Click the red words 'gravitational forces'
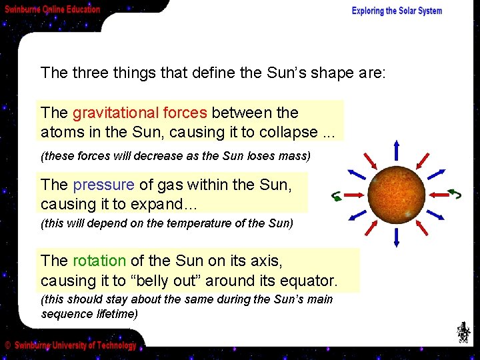point(139,113)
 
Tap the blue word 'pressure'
point(103,185)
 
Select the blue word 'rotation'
point(99,261)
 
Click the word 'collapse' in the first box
point(290,131)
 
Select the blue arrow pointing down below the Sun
point(396,237)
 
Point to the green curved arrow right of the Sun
point(455,194)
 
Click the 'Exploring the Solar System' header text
point(397,11)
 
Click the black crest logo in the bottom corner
point(463,331)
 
